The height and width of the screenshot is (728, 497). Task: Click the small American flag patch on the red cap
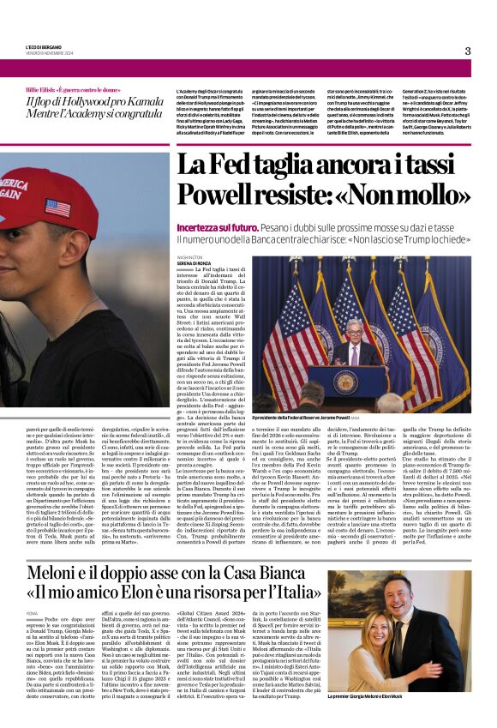57,208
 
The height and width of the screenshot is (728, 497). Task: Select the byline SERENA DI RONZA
193,262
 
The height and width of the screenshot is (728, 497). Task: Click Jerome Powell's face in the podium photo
354,329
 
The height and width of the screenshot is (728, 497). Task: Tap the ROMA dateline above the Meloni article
33,614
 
